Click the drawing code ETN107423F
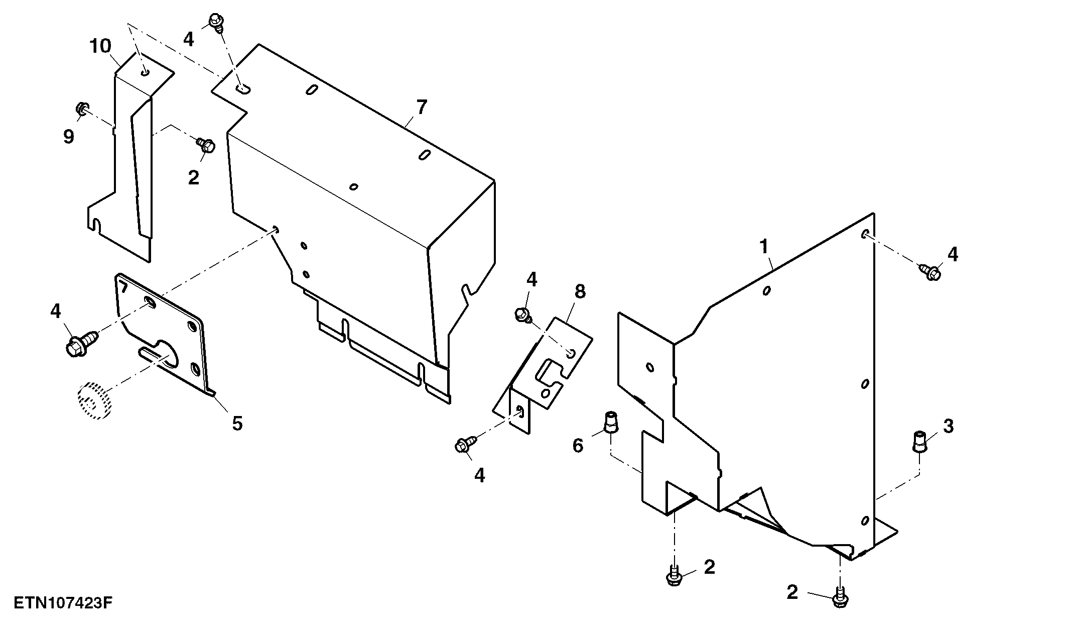[62, 603]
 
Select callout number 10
[100, 46]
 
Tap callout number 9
[69, 136]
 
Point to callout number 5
[237, 423]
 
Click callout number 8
[580, 291]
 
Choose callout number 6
[578, 445]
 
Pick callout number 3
[948, 426]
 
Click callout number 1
[764, 246]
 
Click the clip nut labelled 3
[919, 441]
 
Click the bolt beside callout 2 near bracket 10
[206, 145]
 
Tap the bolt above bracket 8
[522, 316]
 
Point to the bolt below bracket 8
[464, 444]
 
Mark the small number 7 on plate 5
[122, 287]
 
